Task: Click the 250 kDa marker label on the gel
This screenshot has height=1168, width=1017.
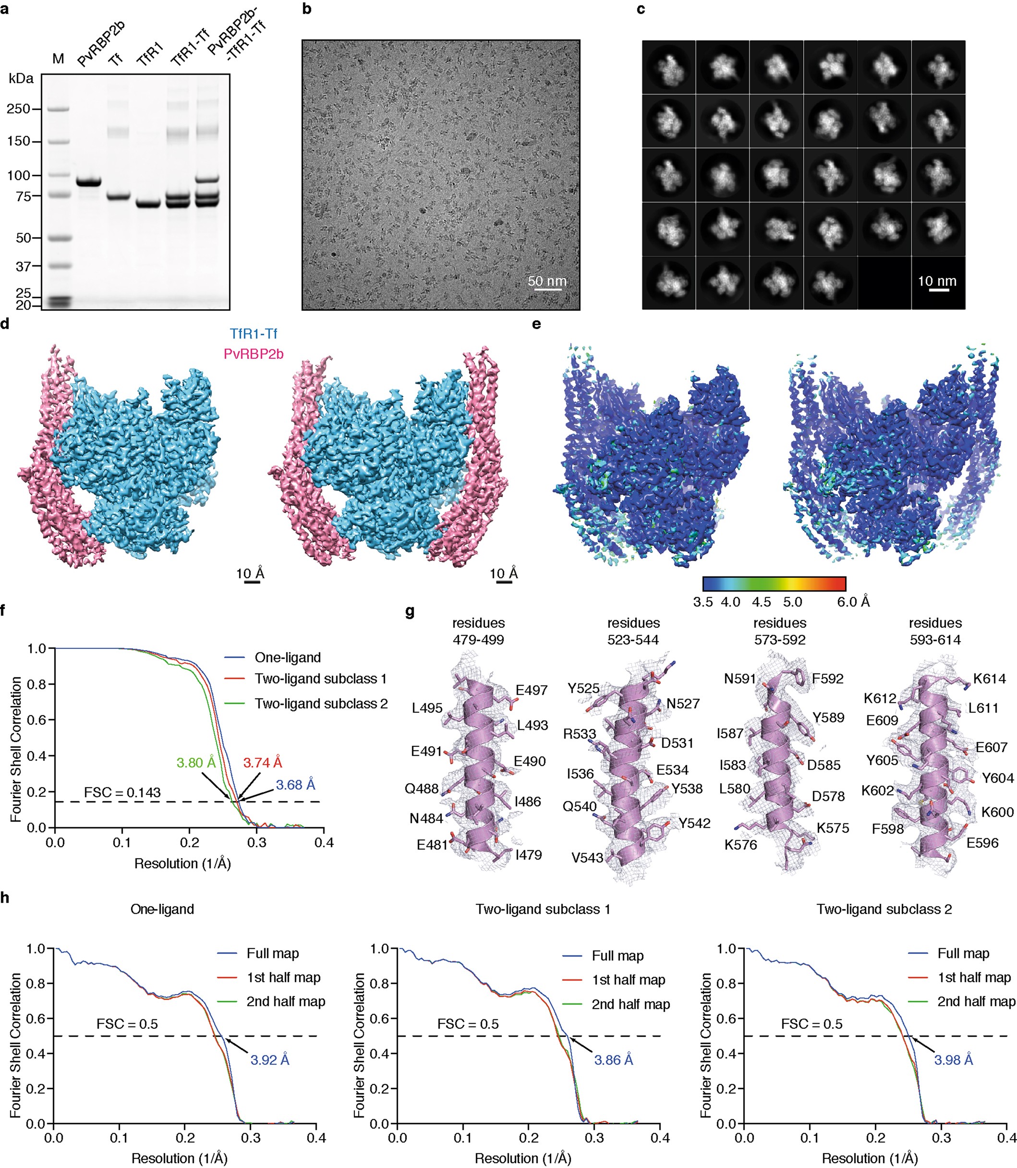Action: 18,109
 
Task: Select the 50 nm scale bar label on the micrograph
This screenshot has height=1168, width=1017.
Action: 546,281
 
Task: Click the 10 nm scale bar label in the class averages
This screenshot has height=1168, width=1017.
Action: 937,281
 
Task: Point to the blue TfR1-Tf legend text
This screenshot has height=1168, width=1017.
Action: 253,334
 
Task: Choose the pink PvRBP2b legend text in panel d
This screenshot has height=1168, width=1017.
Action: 253,354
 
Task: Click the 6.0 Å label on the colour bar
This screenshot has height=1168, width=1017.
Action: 853,602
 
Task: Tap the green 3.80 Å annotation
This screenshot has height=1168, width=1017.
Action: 196,763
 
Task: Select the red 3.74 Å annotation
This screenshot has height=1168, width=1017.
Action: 262,763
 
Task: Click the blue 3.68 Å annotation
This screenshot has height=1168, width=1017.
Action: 295,785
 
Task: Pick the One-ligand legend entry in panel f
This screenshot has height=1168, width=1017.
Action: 288,658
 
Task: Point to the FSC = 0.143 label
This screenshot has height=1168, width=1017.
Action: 122,793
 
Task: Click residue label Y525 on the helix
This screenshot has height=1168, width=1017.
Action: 583,688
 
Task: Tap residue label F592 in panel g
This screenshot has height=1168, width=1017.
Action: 827,679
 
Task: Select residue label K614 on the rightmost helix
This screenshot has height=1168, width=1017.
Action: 989,679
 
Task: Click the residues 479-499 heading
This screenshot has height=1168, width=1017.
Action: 478,632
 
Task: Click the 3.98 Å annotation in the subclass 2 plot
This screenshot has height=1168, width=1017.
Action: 954,1059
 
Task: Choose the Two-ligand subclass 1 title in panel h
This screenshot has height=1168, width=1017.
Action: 543,909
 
